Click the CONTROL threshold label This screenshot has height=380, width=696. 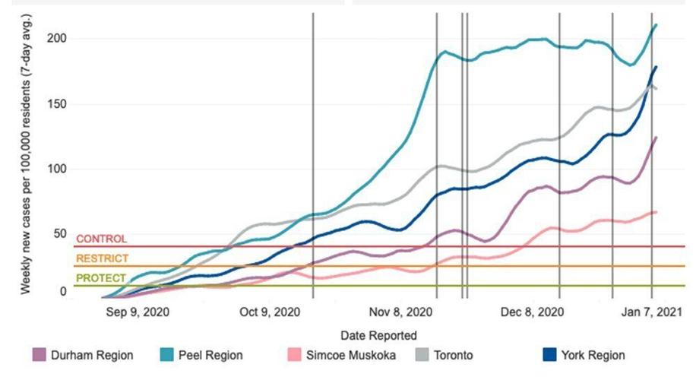101,239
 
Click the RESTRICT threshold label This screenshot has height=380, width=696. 103,259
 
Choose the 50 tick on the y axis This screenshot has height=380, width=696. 61,234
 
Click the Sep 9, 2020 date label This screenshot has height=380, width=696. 138,312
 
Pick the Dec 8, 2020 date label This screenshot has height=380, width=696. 533,312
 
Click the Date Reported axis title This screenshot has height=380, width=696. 378,335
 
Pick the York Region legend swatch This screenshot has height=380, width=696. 549,355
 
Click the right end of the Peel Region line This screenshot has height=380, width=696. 656,25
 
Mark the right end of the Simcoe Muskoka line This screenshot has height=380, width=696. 656,212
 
